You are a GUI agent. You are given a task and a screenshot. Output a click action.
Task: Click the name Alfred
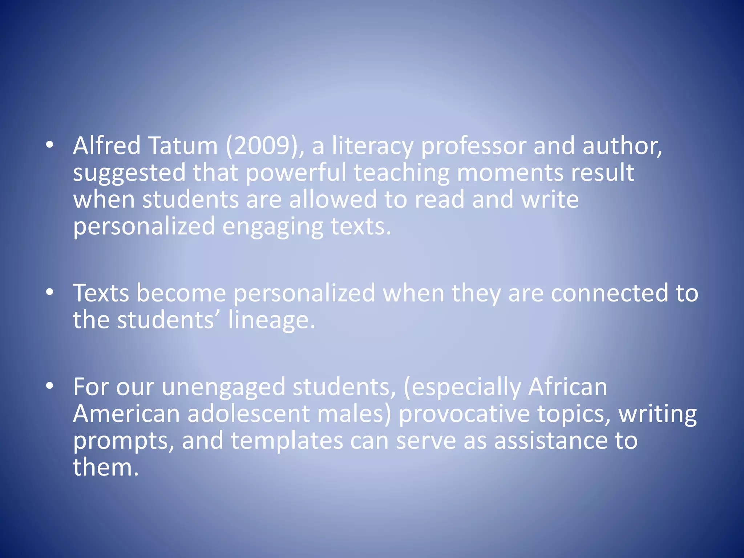(107, 146)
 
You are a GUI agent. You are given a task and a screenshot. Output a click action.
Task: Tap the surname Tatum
(183, 146)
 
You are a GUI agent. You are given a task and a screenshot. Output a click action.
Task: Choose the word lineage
(271, 320)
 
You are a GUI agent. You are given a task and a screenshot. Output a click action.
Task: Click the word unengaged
(223, 387)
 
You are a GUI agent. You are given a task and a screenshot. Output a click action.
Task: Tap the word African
(567, 387)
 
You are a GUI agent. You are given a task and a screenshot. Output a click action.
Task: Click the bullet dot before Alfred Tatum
(50, 145)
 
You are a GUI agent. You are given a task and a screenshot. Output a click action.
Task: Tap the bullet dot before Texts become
(50, 292)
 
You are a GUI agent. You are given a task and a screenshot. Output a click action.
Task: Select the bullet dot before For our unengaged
(50, 387)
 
